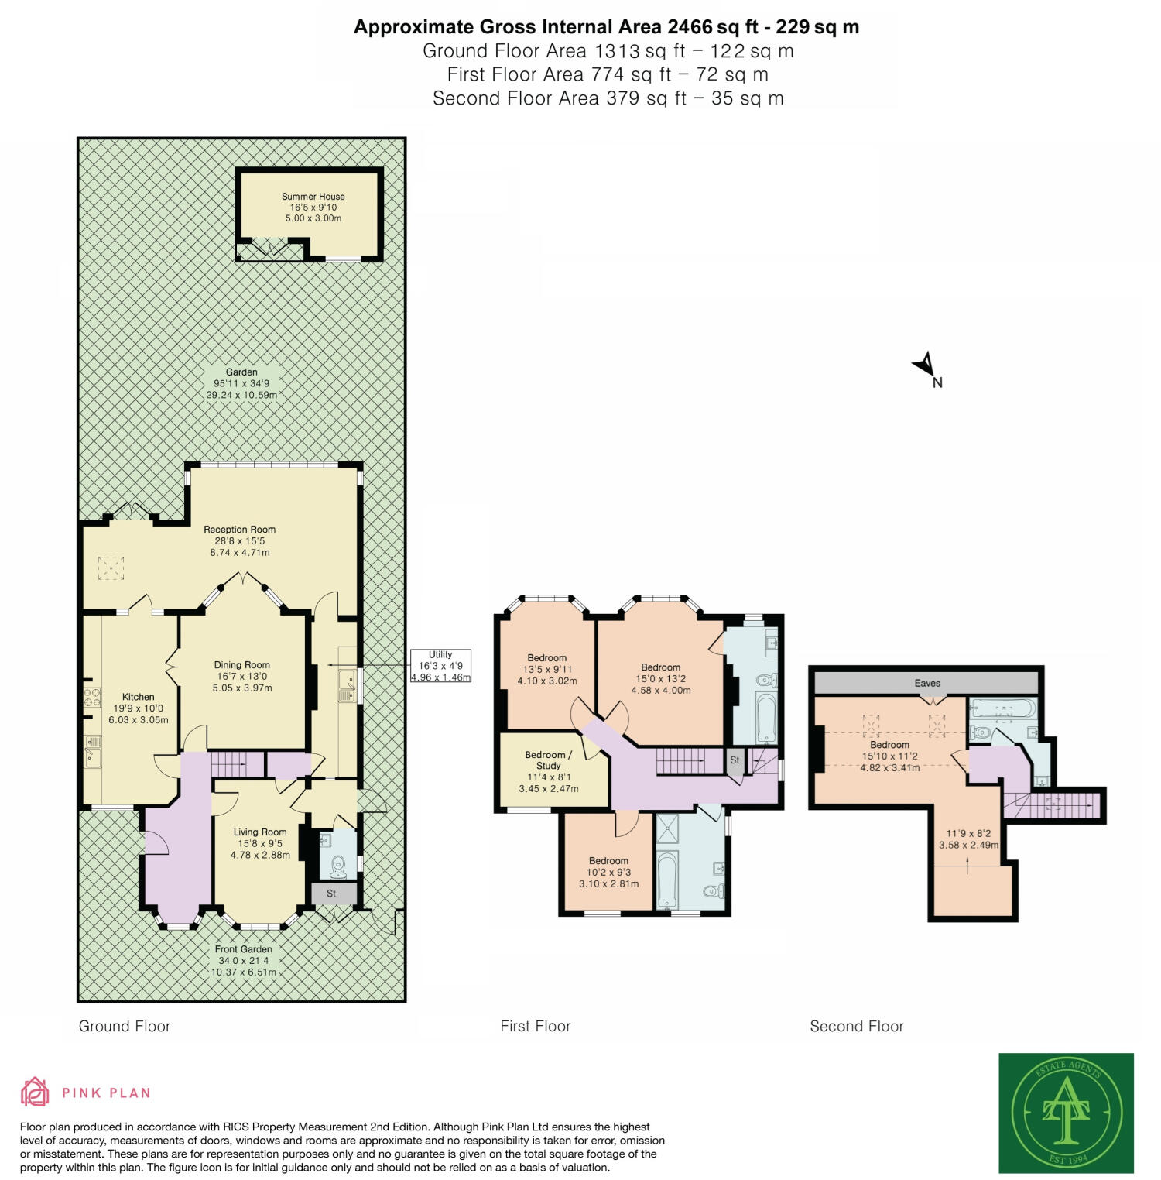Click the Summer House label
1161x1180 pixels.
pyautogui.click(x=313, y=197)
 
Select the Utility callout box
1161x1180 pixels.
pyautogui.click(x=440, y=665)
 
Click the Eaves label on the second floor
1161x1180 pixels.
pyautogui.click(x=926, y=683)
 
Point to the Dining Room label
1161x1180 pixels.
pyautogui.click(x=241, y=664)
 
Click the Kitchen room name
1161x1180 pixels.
pyautogui.click(x=139, y=697)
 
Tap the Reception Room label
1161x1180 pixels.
pyautogui.click(x=239, y=530)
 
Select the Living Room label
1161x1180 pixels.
pyautogui.click(x=260, y=832)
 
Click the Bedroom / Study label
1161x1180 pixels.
pyautogui.click(x=548, y=760)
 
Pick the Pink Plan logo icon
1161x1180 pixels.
pyautogui.click(x=35, y=1093)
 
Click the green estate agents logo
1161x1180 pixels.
pyautogui.click(x=1066, y=1113)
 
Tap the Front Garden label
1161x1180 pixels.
pyautogui.click(x=243, y=949)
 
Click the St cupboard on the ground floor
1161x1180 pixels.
pyautogui.click(x=331, y=894)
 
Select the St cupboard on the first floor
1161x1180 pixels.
pyautogui.click(x=735, y=760)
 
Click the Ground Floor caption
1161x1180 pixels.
pyautogui.click(x=124, y=1026)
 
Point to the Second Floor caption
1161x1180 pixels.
pyautogui.click(x=856, y=1026)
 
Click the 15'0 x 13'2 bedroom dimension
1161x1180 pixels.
pyautogui.click(x=660, y=679)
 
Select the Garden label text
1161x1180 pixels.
pyautogui.click(x=241, y=372)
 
